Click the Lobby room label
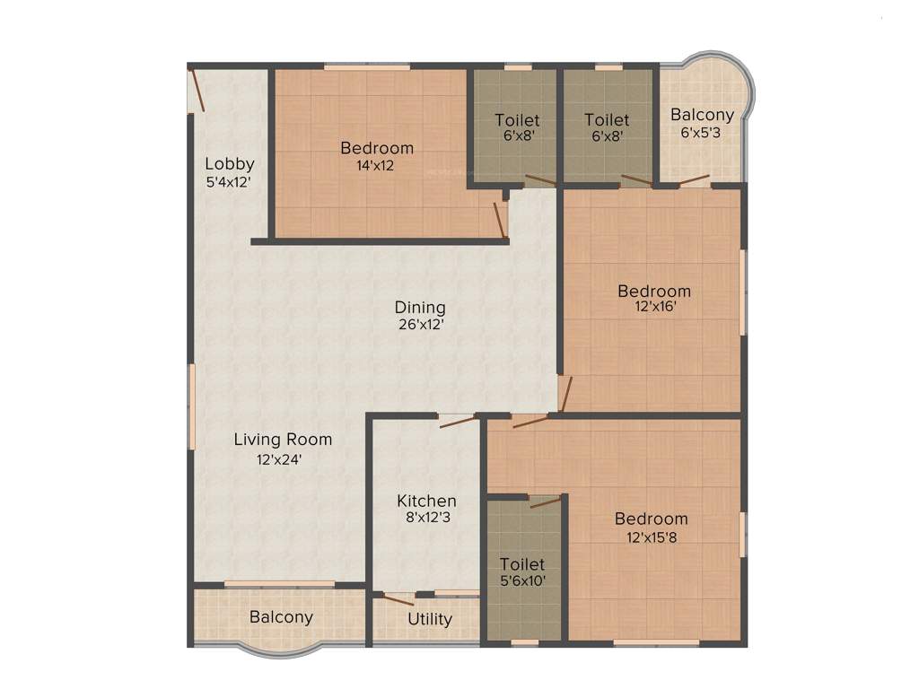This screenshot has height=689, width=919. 230,164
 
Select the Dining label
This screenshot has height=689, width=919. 420,308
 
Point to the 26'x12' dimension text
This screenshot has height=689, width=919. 420,325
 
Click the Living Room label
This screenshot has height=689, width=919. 283,440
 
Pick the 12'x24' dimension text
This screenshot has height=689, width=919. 279,460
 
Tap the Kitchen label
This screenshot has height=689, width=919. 427,501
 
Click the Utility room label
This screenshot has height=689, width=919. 430,619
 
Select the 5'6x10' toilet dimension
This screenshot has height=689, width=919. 522,581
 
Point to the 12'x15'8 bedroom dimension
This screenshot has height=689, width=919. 652,538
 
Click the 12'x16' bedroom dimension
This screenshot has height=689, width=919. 654,307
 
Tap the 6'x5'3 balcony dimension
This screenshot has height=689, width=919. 702,133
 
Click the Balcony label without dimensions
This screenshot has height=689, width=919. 281,617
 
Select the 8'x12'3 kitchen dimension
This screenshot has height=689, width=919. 427,518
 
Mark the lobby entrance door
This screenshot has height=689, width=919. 197,90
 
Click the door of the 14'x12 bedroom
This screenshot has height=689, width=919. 500,219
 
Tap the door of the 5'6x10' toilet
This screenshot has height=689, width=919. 545,501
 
